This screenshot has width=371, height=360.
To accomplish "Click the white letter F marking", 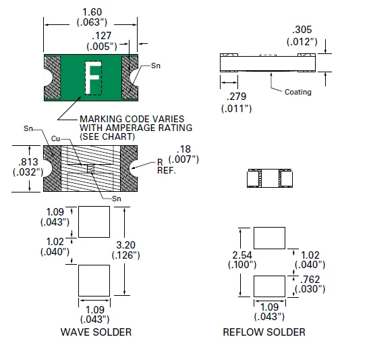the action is click(x=92, y=78).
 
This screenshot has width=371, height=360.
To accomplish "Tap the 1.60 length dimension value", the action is click(x=92, y=12).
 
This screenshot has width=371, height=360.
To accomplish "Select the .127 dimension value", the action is click(x=101, y=36).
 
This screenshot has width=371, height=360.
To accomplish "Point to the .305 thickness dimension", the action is click(x=302, y=30).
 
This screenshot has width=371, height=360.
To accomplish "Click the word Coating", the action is click(x=298, y=92).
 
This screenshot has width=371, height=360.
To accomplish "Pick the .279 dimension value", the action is click(x=236, y=97).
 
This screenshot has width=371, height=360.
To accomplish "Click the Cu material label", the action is click(x=55, y=138).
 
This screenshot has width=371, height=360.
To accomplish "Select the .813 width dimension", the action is click(x=28, y=162).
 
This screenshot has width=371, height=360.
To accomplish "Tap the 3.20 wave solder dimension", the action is click(x=125, y=245).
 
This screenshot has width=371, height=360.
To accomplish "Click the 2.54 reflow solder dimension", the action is click(x=242, y=255).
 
